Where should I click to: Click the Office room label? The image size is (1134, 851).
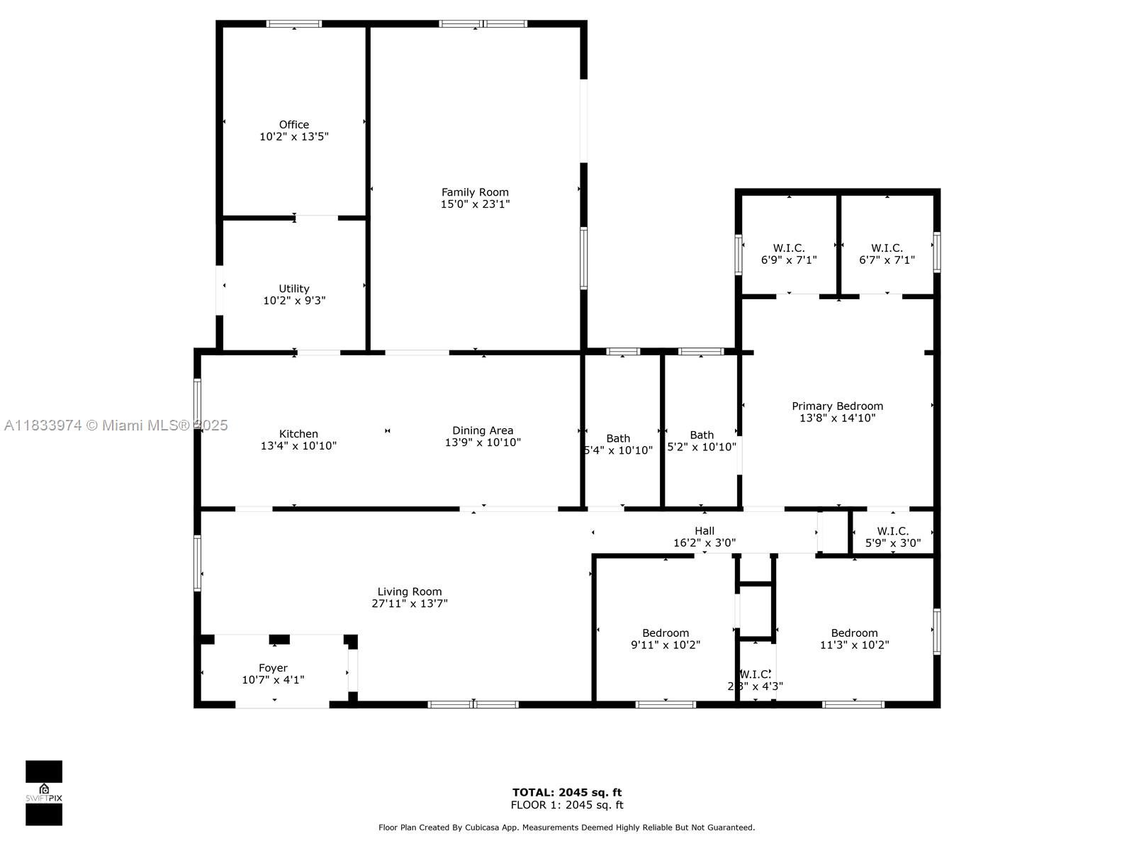pyautogui.click(x=293, y=125)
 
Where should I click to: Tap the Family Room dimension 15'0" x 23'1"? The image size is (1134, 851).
pyautogui.click(x=475, y=204)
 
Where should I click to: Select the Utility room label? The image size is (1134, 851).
pyautogui.click(x=293, y=289)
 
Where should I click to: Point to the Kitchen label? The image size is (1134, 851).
pyautogui.click(x=298, y=434)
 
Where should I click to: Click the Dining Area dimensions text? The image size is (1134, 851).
pyautogui.click(x=483, y=443)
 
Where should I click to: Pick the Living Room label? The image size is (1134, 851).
pyautogui.click(x=410, y=591)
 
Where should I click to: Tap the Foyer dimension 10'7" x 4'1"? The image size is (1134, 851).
pyautogui.click(x=273, y=680)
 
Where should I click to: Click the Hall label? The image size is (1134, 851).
pyautogui.click(x=704, y=530)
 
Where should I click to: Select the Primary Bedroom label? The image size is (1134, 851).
pyautogui.click(x=837, y=406)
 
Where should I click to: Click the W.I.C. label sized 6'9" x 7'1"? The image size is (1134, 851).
pyautogui.click(x=789, y=248)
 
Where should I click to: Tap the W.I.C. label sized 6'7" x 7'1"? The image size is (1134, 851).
pyautogui.click(x=887, y=248)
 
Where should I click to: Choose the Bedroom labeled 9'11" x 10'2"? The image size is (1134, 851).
pyautogui.click(x=666, y=633)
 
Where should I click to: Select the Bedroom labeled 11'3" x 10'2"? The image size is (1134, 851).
pyautogui.click(x=854, y=633)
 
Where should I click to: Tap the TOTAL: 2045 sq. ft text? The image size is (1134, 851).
pyautogui.click(x=567, y=792)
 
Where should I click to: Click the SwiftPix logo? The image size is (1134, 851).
pyautogui.click(x=44, y=793)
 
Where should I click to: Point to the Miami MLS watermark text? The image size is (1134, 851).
pyautogui.click(x=116, y=425)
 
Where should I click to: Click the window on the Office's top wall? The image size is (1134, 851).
pyautogui.click(x=294, y=24)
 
